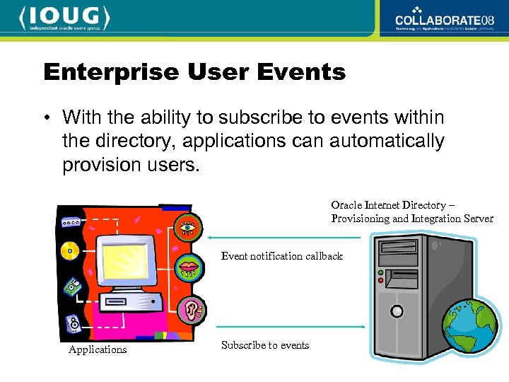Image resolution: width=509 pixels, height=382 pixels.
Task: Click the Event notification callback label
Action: coord(281,256)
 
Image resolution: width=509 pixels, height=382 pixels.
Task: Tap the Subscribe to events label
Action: coord(265,345)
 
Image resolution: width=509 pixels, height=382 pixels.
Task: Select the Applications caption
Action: coord(98,349)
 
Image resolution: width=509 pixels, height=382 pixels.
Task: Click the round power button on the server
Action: coord(397,311)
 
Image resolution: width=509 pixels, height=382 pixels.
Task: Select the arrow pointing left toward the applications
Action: coord(283,238)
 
